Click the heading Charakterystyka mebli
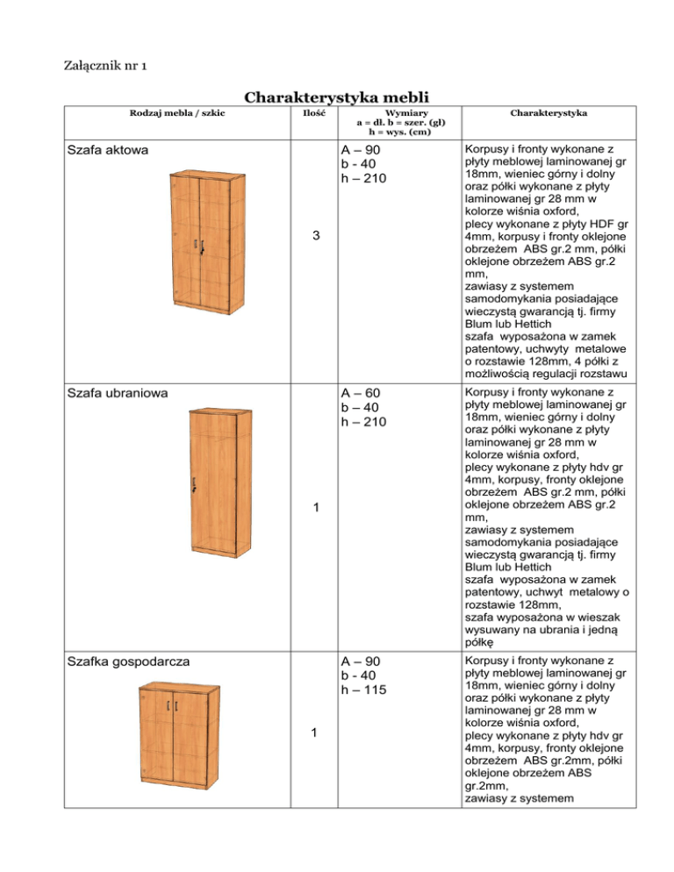[336, 97]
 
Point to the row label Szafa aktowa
[108, 150]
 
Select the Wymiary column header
[392, 121]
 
